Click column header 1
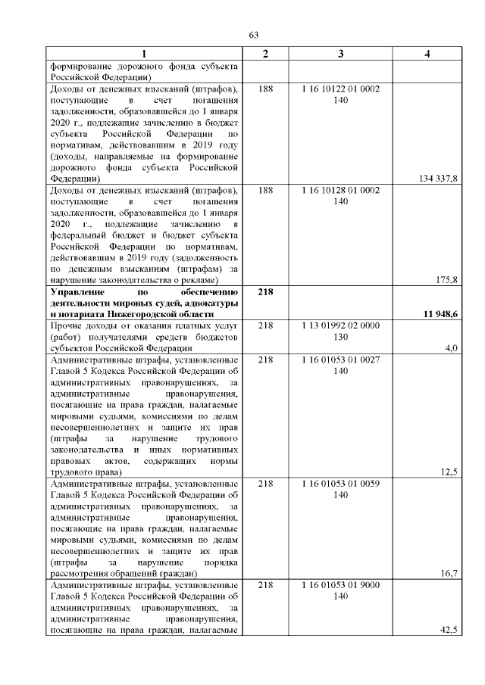tap(145, 53)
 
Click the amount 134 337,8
tap(439, 178)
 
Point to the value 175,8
tap(448, 280)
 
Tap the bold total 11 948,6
tap(439, 314)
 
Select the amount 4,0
tap(452, 348)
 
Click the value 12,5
tap(450, 473)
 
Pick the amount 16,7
tap(450, 574)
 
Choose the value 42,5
tap(449, 631)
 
